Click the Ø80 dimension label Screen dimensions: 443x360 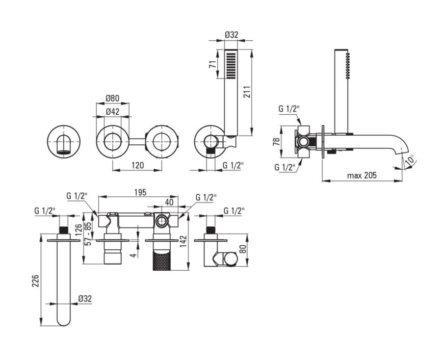click(113, 98)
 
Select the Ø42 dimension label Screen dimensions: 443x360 click(113, 112)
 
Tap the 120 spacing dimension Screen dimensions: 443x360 click(138, 165)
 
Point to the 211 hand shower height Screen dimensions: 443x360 click(247, 92)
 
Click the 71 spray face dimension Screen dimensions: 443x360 click(213, 64)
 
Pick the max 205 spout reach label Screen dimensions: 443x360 click(361, 175)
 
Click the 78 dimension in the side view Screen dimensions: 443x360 click(277, 141)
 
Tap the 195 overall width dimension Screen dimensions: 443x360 click(140, 192)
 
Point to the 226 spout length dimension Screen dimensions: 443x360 click(35, 280)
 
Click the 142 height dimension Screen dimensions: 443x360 click(184, 242)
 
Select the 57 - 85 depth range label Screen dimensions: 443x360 click(88, 234)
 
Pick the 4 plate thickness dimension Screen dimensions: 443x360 click(134, 254)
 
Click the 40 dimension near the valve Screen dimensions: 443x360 click(169, 202)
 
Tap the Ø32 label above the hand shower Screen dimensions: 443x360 click(231, 35)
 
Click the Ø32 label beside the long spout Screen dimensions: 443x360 click(85, 299)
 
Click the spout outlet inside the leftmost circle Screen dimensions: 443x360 click(63, 145)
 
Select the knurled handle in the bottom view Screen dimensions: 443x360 click(162, 260)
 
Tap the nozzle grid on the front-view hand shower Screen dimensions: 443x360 click(230, 64)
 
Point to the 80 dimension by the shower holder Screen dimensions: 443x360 click(243, 249)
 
